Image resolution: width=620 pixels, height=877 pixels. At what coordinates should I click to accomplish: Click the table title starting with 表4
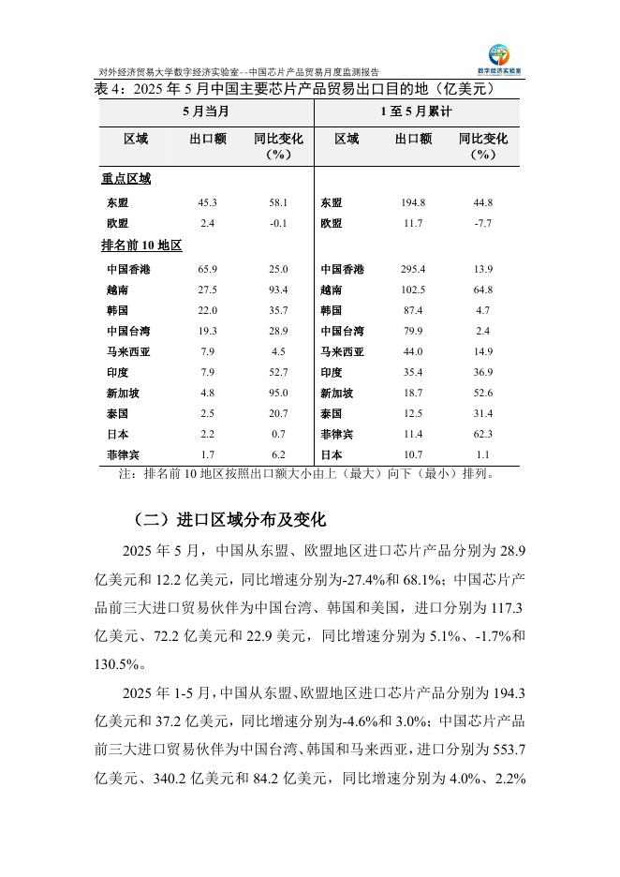click(x=294, y=90)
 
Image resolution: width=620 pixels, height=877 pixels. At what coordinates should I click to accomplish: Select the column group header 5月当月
click(x=206, y=111)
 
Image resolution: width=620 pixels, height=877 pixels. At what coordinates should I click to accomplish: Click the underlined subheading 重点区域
click(x=125, y=178)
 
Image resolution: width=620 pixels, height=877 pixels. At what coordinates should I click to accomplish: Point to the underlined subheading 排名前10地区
click(x=140, y=245)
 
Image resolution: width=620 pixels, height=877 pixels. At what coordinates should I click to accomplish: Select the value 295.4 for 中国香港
click(x=413, y=270)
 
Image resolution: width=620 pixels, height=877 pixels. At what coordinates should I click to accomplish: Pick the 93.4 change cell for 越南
click(x=278, y=290)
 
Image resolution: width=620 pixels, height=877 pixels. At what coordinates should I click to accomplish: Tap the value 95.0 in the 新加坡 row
click(x=278, y=394)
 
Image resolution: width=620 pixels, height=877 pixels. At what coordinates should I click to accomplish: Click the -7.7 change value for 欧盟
click(x=483, y=224)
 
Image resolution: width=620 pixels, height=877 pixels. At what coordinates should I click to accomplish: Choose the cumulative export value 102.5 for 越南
click(x=413, y=290)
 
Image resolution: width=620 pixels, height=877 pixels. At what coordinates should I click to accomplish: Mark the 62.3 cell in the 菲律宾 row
click(x=483, y=435)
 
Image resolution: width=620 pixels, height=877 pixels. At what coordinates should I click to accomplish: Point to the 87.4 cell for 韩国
click(x=413, y=311)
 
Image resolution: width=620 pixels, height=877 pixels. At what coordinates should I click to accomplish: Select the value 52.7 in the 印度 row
click(x=278, y=373)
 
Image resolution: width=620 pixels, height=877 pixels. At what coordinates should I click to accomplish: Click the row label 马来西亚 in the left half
click(x=125, y=352)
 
